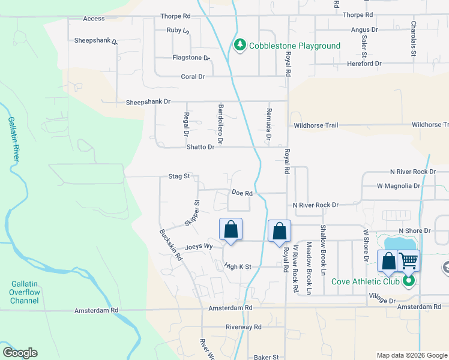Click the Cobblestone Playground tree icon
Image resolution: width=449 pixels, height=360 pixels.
coord(240,46)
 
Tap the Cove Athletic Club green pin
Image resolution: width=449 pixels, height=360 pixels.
coord(409,281)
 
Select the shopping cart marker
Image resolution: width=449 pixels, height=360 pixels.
coord(408,260)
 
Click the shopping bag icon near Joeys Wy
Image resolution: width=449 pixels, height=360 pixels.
coord(231,229)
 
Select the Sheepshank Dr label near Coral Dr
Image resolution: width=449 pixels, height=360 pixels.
coord(148,102)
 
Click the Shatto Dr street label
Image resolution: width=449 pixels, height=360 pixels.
coord(202,147)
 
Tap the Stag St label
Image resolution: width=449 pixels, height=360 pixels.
coord(179,176)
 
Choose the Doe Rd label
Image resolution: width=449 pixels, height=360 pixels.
coord(241,193)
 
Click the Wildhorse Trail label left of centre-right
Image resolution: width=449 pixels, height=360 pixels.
coord(316,125)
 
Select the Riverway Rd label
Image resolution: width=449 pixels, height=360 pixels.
coord(244,327)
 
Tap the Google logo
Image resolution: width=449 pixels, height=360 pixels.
coord(20,353)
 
